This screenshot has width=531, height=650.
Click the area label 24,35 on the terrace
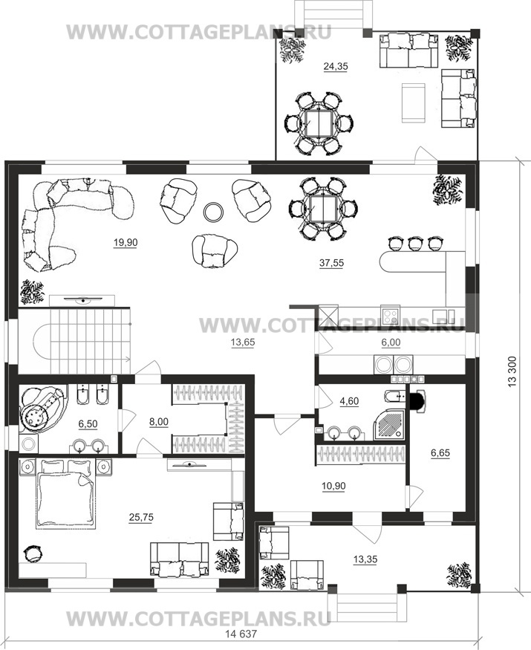(x=336, y=66)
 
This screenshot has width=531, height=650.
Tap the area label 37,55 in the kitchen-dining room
(x=332, y=263)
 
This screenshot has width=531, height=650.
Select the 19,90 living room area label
(x=126, y=242)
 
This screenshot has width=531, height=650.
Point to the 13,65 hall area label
(x=243, y=342)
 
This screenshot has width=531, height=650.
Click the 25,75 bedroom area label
(x=141, y=517)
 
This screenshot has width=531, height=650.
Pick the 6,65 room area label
(x=440, y=453)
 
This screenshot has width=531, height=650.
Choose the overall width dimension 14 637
(x=241, y=634)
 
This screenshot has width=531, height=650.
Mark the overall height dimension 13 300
(x=512, y=371)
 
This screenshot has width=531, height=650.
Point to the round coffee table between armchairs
(x=214, y=212)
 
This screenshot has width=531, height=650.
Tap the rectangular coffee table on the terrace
(x=413, y=103)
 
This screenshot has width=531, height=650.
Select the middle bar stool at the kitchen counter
(x=414, y=244)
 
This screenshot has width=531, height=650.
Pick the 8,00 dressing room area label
(x=159, y=422)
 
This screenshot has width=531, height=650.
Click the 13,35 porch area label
(x=365, y=559)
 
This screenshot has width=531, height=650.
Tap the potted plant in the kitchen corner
(x=447, y=190)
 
